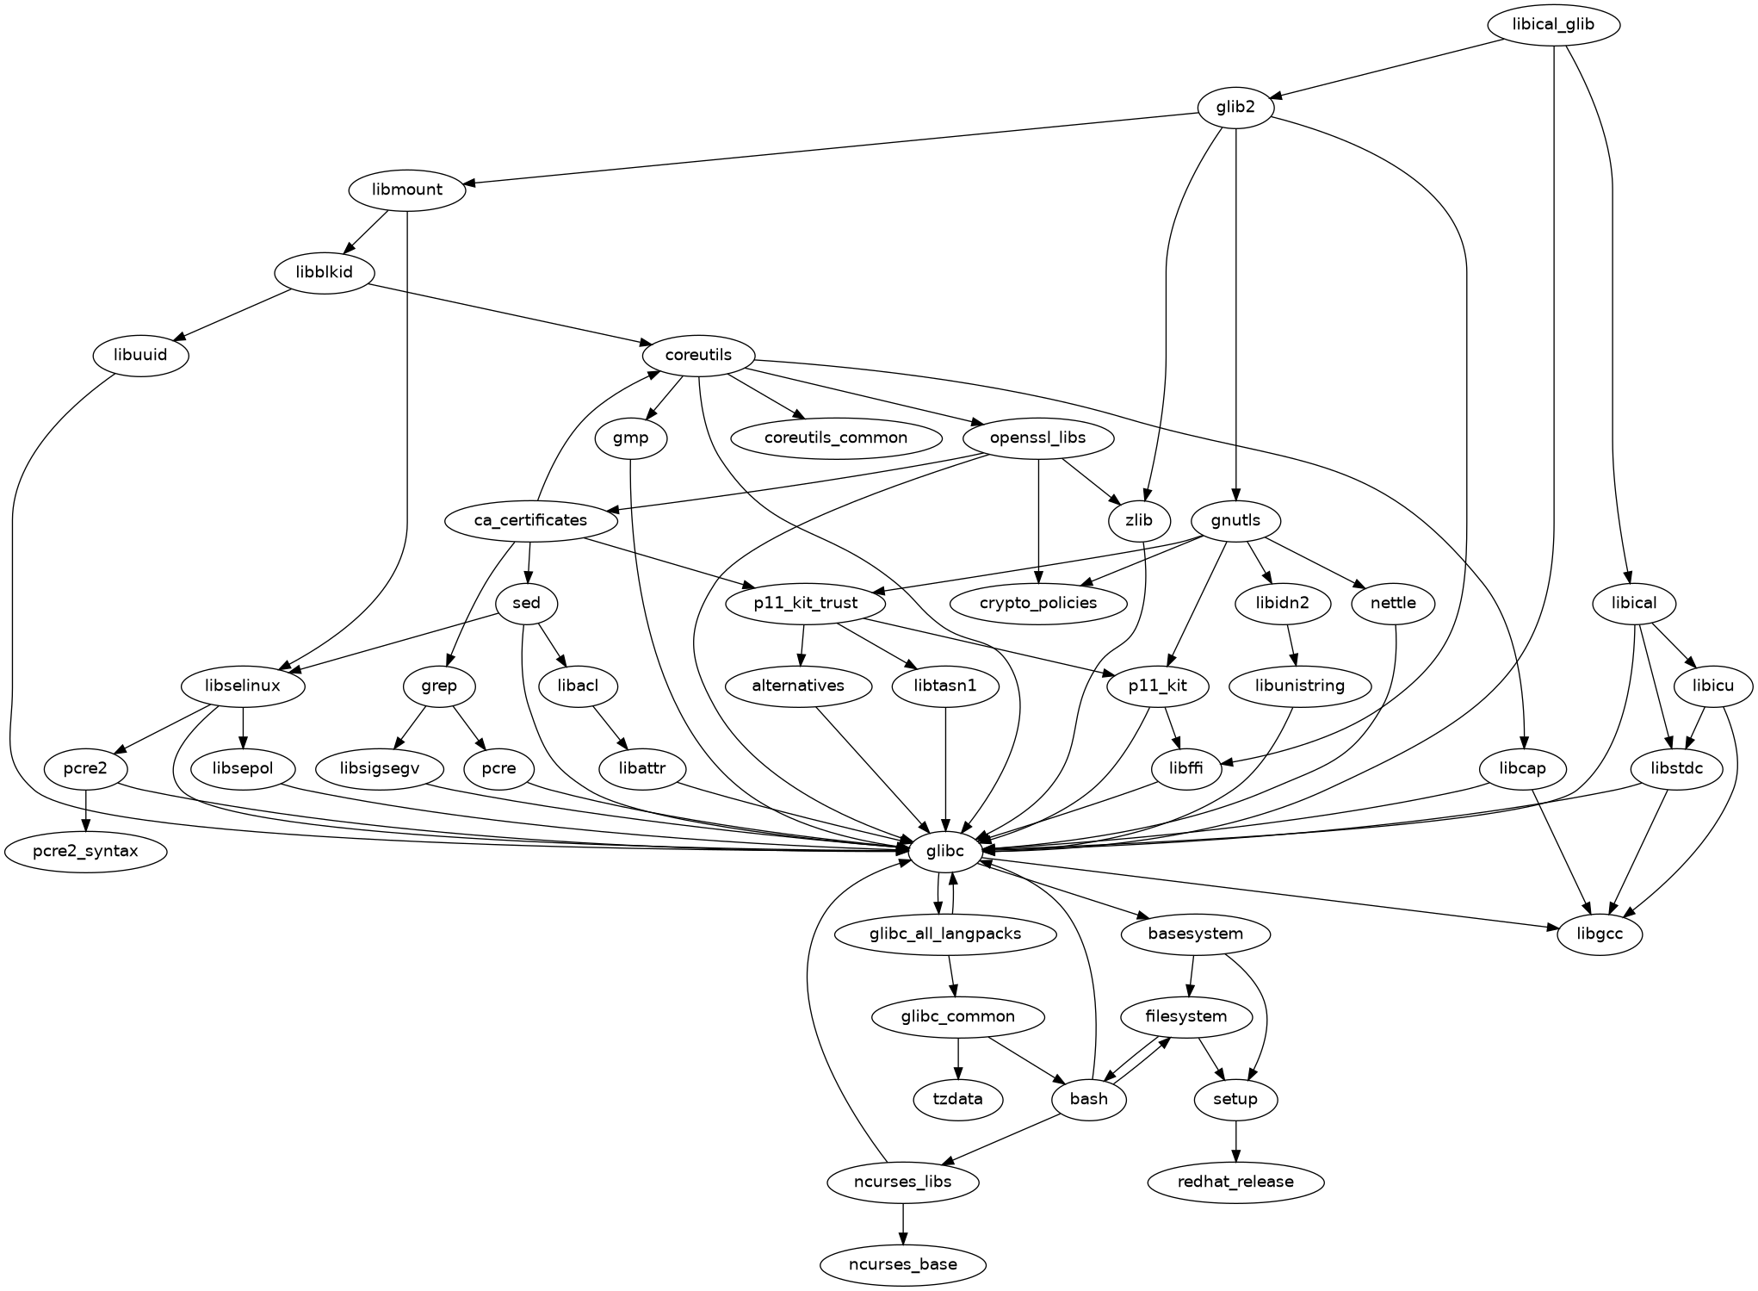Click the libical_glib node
(1552, 24)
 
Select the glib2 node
(1235, 108)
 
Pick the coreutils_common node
(835, 438)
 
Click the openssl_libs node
(1038, 438)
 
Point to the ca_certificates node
(530, 520)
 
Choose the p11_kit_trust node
(806, 603)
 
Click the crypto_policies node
(1038, 603)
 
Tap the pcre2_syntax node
(86, 852)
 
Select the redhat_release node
(1235, 1182)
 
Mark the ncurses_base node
(902, 1264)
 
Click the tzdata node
(958, 1099)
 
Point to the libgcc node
(1599, 934)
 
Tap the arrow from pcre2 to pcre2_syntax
(86, 810)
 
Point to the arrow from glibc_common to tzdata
(958, 1058)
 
